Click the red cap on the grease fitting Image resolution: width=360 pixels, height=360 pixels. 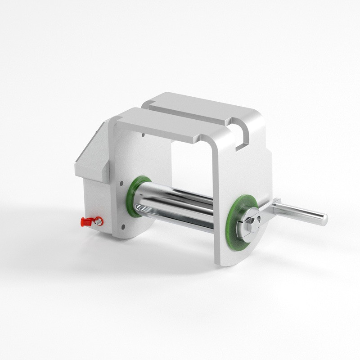(85, 222)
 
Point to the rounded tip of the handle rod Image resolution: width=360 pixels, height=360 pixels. (324, 219)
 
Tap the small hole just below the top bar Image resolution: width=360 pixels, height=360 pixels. (143, 134)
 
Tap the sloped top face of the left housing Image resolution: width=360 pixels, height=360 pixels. (88, 151)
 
